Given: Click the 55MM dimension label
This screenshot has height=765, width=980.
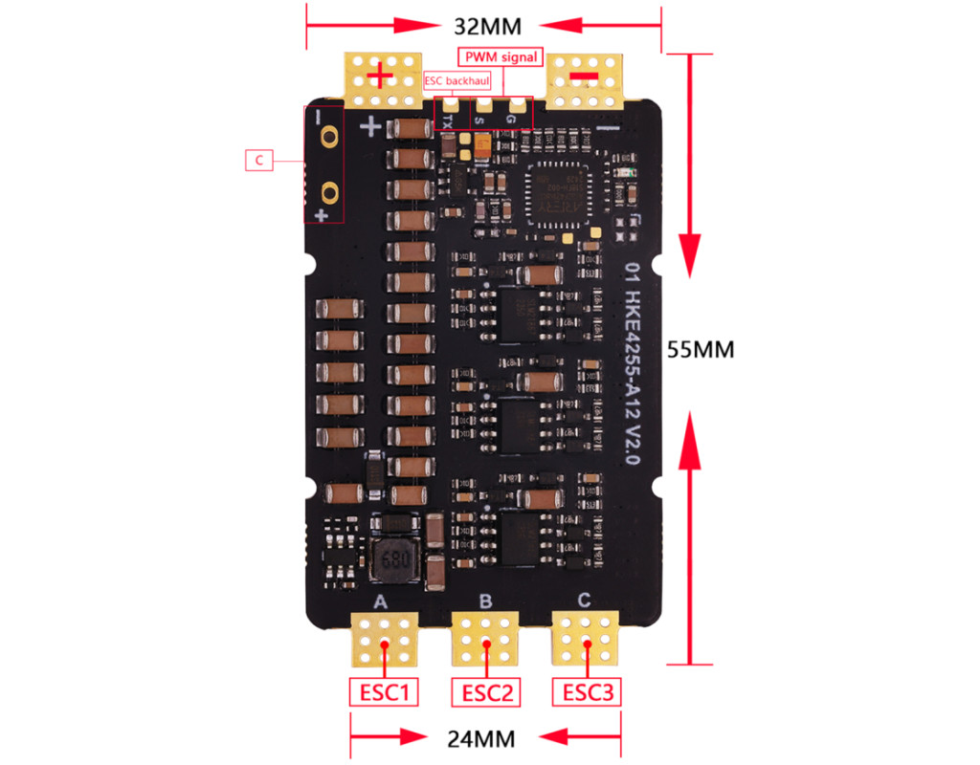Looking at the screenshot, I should (701, 350).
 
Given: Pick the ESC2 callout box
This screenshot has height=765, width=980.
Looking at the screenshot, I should (486, 691).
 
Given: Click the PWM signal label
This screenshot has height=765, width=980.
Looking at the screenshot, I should (501, 56).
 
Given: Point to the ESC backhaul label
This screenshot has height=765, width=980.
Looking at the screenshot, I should (456, 81).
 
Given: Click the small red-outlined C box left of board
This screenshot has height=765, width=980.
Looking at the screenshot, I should (258, 160).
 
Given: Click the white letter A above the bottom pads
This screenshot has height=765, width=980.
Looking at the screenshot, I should (380, 601).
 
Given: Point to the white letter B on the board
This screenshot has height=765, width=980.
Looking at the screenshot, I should (485, 601).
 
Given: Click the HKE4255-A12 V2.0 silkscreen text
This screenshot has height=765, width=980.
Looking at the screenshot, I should (633, 363).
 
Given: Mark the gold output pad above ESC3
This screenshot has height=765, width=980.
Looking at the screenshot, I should (586, 639).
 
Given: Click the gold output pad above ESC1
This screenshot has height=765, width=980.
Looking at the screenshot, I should (385, 639).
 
